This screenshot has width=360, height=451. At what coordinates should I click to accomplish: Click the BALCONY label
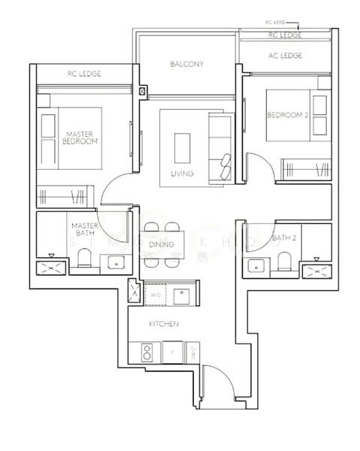[186, 65]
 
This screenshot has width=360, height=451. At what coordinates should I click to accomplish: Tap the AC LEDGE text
[286, 56]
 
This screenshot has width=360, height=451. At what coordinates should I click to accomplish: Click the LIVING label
[182, 174]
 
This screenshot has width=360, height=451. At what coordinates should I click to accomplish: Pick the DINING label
[162, 245]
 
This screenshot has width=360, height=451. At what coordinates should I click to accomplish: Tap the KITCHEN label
[163, 324]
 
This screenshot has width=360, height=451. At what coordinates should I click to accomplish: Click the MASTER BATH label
[83, 229]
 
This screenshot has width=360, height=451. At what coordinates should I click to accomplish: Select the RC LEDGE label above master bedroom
[84, 74]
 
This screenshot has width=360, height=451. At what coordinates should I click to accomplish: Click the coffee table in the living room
[183, 148]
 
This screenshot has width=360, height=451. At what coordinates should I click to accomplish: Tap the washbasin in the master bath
[115, 262]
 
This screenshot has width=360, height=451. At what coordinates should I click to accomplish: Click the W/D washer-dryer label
[156, 295]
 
